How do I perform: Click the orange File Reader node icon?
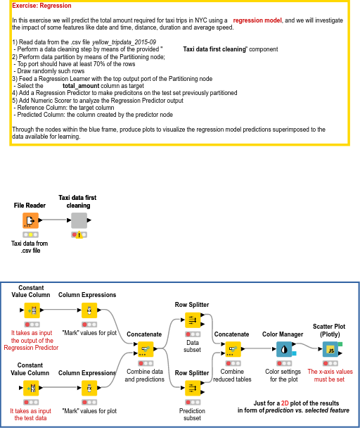30,220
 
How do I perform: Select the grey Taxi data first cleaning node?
79,220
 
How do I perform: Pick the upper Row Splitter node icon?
192,321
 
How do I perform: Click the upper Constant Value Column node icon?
31,310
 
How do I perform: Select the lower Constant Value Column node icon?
31,387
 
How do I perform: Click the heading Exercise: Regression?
42,6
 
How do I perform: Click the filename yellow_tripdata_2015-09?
124,42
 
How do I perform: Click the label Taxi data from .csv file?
30,246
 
